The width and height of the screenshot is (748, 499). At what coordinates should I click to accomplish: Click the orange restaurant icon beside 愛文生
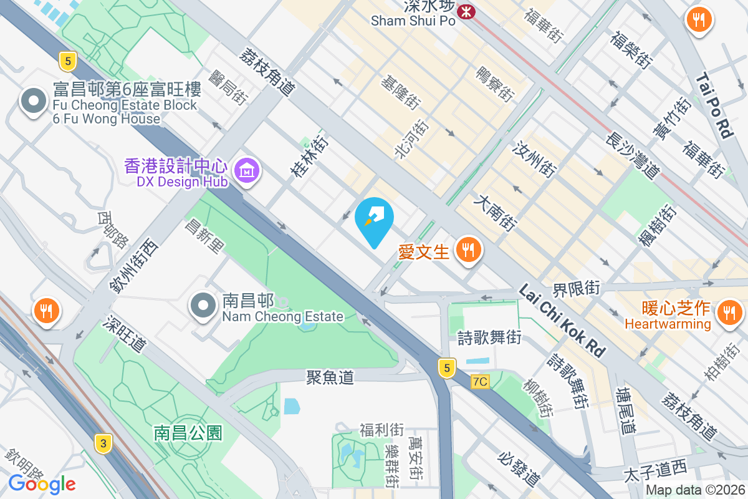(x=467, y=251)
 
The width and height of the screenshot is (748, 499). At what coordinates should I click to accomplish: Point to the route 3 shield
(x=103, y=443)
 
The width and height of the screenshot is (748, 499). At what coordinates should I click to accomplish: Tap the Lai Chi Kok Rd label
(x=562, y=322)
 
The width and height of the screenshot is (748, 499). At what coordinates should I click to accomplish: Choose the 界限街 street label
(x=576, y=289)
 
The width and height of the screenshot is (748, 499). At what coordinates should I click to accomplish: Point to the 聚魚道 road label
(x=330, y=377)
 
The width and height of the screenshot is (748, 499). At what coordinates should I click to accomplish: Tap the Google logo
(x=42, y=483)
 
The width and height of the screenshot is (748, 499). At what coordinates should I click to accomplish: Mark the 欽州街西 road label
(x=133, y=264)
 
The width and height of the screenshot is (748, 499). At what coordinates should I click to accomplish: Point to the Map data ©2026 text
(x=695, y=490)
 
